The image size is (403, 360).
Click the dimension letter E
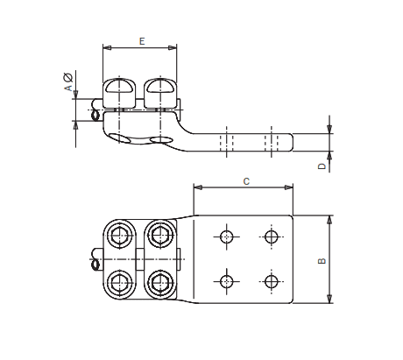coord(142,41)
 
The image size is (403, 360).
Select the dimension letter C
coord(246,181)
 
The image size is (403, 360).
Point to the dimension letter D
coord(322,165)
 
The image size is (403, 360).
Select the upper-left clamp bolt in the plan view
coord(118,235)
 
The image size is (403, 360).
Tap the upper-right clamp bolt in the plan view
coord(159,235)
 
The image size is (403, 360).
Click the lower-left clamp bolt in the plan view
coord(118,282)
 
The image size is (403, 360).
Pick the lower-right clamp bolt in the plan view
coord(159,282)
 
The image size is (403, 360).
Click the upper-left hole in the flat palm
coord(227,236)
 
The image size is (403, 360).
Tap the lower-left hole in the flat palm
coord(227,281)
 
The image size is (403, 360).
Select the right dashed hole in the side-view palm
coord(275,142)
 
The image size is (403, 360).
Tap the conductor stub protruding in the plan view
coord(92,259)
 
